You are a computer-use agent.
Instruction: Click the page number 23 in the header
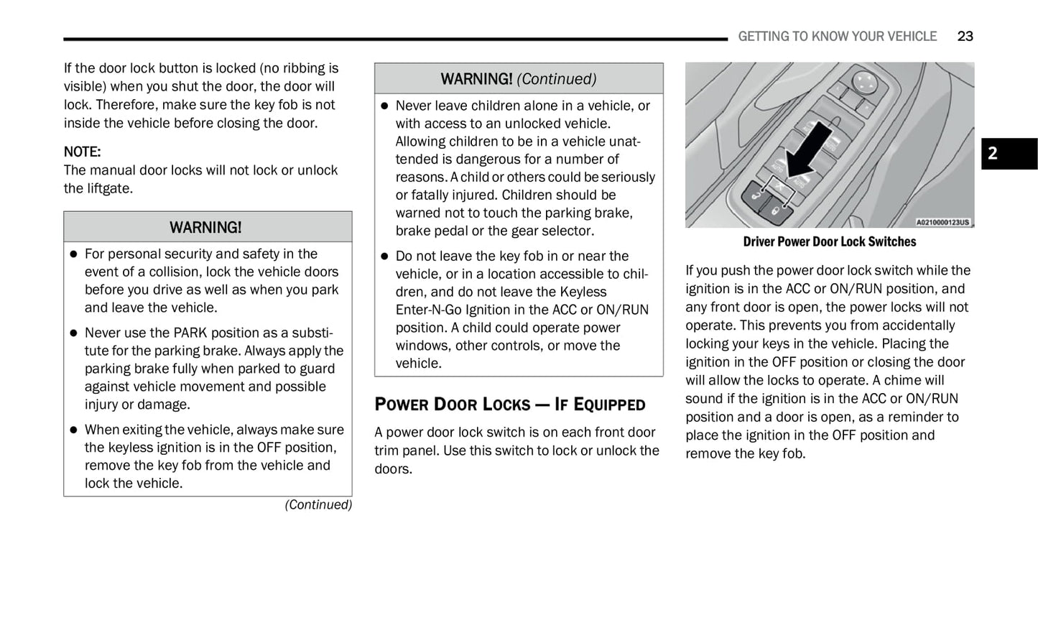[x=965, y=36]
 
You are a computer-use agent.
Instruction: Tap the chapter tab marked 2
[x=1009, y=153]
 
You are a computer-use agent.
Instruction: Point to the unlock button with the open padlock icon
[x=756, y=195]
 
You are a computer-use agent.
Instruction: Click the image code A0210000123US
[x=942, y=222]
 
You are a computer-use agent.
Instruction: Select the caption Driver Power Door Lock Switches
[x=829, y=241]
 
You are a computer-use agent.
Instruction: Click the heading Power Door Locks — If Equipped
[x=509, y=404]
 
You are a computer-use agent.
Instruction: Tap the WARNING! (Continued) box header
[x=518, y=78]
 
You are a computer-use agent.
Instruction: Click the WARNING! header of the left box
[x=207, y=227]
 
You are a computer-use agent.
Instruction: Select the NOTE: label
[x=82, y=152]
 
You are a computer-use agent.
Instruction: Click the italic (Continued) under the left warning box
[x=318, y=504]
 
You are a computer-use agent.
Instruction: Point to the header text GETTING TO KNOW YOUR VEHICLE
[x=837, y=36]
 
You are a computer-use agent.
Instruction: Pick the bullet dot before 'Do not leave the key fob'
[x=384, y=257]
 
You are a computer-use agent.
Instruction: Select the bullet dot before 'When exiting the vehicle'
[x=73, y=430]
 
